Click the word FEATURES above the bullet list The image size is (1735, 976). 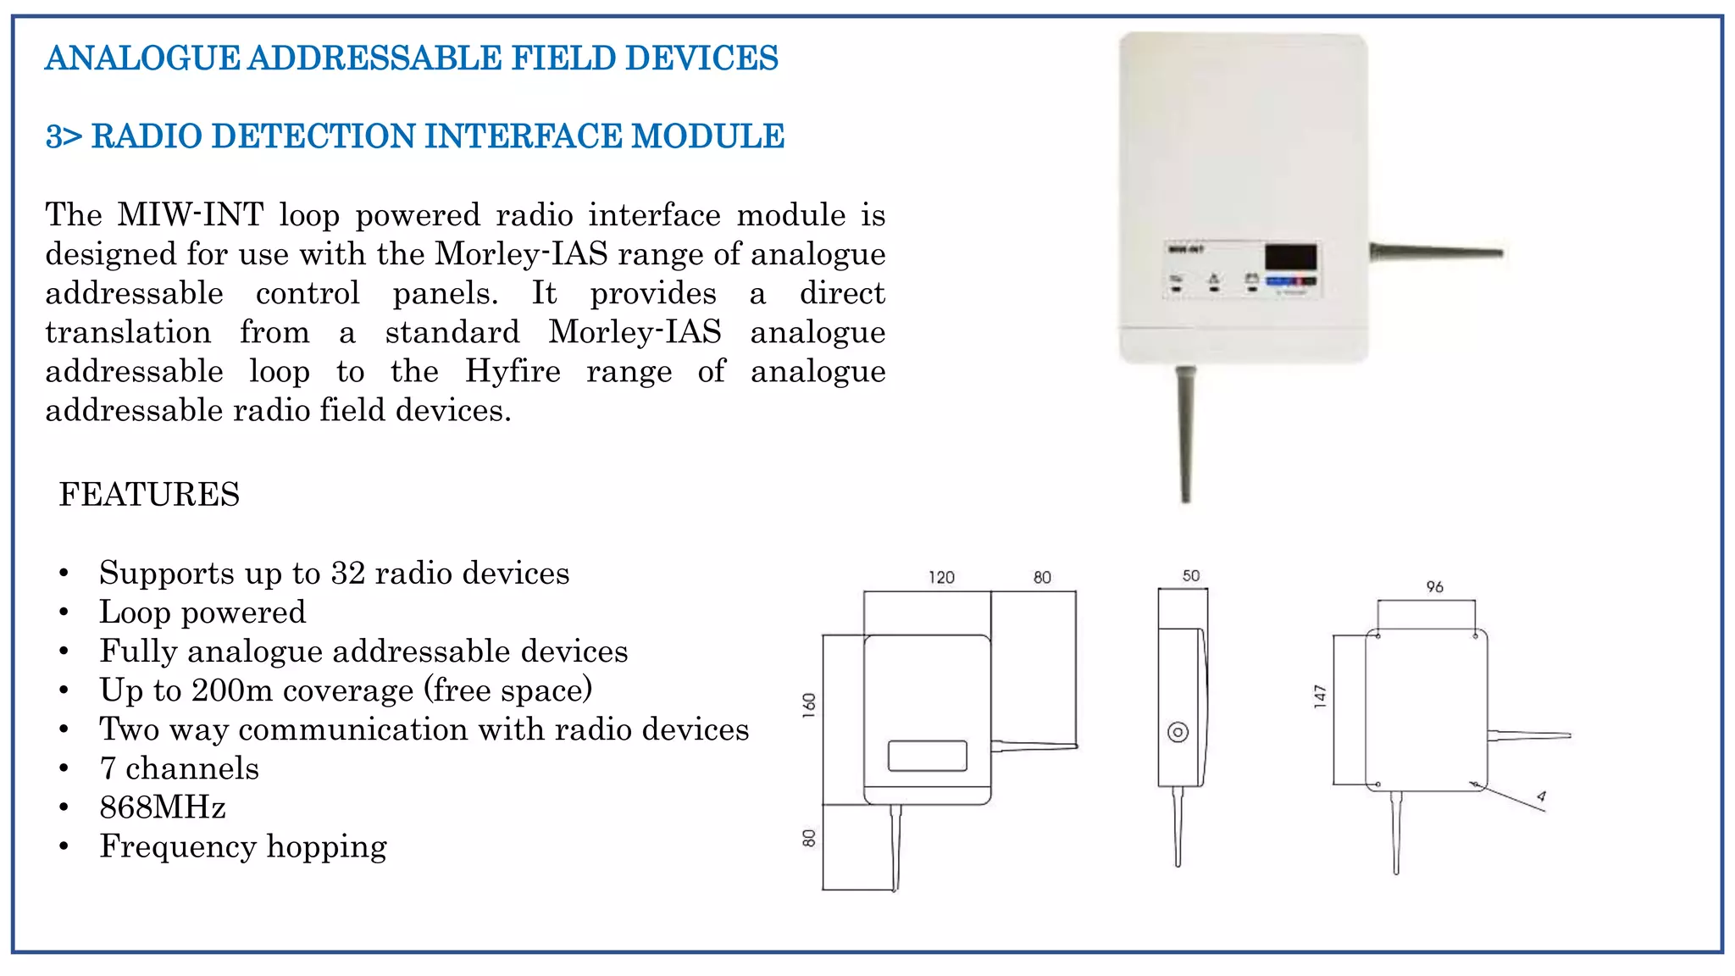(x=149, y=495)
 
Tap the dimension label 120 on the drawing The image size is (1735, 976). (x=941, y=578)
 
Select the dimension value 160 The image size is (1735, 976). (x=809, y=705)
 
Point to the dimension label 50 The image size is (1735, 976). (x=1191, y=576)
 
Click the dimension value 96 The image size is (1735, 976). (x=1434, y=586)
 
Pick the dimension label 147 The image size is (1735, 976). (x=1320, y=696)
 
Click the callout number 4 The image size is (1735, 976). (x=1541, y=796)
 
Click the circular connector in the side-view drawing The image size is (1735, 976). (x=1178, y=732)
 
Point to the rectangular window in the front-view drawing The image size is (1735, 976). (x=927, y=756)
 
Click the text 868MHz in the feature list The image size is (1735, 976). (x=163, y=807)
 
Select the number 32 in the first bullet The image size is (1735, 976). (x=347, y=574)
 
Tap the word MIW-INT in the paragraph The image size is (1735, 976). (x=191, y=215)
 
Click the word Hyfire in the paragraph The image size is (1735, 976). (x=513, y=371)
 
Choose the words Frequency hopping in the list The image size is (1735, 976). (x=243, y=846)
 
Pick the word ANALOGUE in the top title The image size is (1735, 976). (x=142, y=58)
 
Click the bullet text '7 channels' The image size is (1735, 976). (x=179, y=768)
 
